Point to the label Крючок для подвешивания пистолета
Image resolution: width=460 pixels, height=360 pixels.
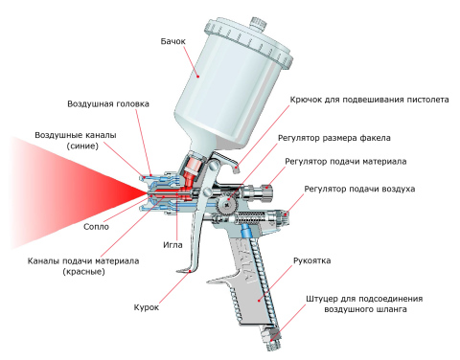(x=369, y=99)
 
